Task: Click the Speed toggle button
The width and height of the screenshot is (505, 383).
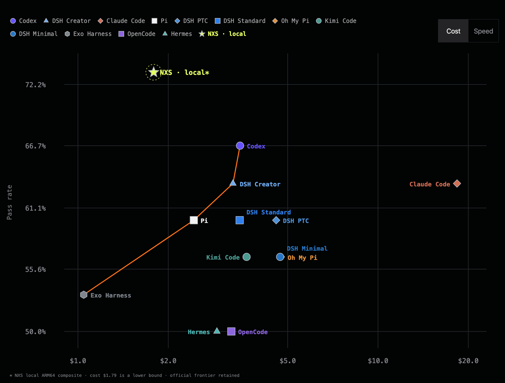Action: (483, 31)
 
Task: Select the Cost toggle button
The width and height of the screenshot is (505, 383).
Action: (453, 31)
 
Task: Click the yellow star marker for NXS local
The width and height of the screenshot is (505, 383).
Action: (153, 72)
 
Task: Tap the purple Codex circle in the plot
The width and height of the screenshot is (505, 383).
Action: (240, 146)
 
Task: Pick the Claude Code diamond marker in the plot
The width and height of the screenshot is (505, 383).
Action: (457, 184)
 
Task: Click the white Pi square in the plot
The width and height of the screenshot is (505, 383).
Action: (194, 220)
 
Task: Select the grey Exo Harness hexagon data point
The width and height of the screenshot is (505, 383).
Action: (84, 295)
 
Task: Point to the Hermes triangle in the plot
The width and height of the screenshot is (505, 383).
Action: (217, 331)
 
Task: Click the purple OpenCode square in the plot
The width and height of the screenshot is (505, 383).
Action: (231, 331)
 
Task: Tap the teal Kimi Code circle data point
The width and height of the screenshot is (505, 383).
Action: (247, 257)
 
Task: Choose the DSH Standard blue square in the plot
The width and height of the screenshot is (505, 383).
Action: (240, 220)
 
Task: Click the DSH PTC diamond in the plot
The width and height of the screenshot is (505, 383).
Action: (276, 220)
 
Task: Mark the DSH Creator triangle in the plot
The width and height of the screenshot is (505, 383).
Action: (233, 183)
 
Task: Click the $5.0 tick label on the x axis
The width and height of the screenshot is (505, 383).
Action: (288, 361)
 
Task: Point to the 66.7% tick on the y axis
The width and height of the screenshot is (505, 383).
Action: (36, 146)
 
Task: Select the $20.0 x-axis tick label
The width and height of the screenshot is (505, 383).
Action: (468, 361)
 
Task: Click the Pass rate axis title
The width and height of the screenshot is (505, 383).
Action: (9, 202)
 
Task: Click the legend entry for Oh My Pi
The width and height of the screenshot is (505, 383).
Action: (291, 21)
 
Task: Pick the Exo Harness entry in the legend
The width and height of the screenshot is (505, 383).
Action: (88, 34)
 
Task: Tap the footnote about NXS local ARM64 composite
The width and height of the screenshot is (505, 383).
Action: (124, 375)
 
